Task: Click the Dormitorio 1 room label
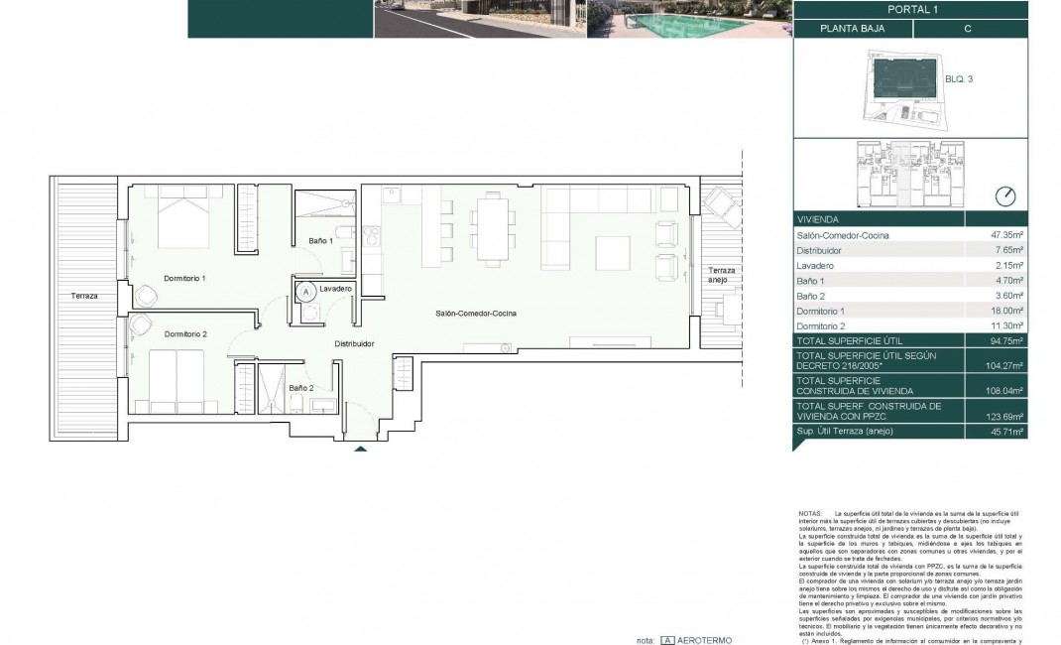tap(184, 278)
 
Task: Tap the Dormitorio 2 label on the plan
tap(185, 333)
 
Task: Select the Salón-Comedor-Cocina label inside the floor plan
tap(476, 314)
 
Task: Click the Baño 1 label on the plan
tap(320, 241)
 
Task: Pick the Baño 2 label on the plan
tap(301, 388)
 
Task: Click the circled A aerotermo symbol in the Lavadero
tap(306, 292)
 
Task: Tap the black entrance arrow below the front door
tap(361, 449)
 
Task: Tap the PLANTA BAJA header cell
tap(851, 30)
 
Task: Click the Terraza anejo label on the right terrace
tap(720, 275)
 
